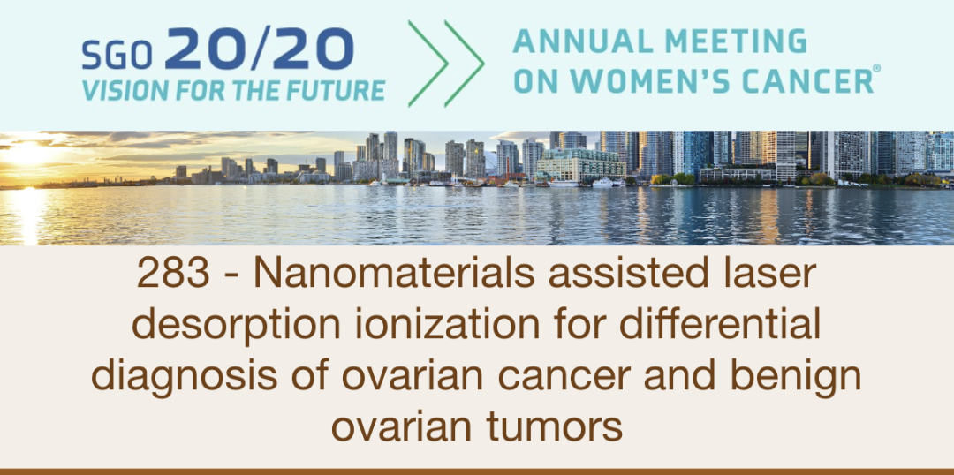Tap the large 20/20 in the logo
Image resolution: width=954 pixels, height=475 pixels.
(259, 49)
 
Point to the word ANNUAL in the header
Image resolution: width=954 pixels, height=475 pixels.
(562, 41)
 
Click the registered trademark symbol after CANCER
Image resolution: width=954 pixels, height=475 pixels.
(876, 70)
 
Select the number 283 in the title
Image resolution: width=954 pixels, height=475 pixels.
(173, 275)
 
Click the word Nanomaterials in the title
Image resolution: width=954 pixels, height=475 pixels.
(394, 275)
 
